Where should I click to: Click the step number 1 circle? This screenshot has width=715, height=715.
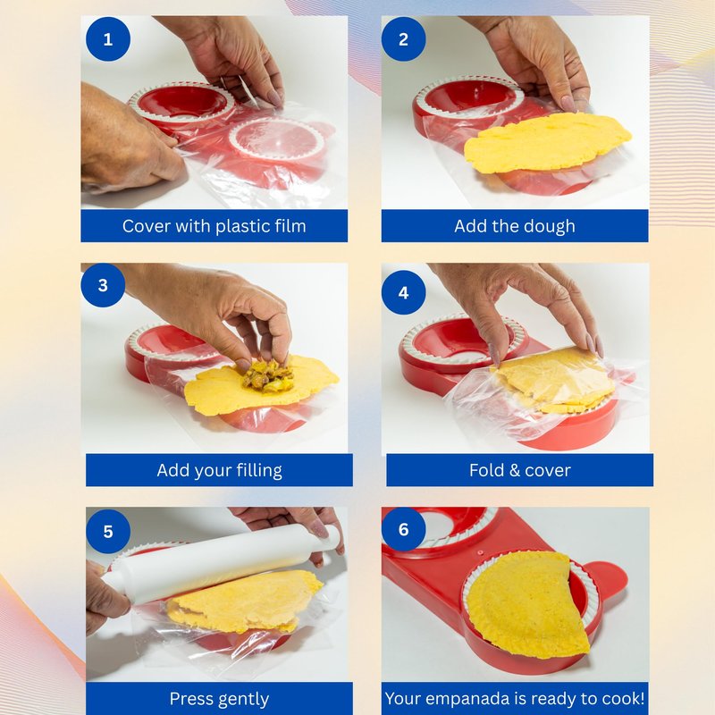coord(108,39)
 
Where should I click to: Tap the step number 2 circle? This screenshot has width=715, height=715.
coord(404,39)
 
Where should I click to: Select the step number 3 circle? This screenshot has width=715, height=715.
coord(103,285)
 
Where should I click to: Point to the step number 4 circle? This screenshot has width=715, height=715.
coord(404,292)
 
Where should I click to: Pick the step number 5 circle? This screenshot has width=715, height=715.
coord(108,531)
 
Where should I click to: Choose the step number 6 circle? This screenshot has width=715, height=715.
coord(404,529)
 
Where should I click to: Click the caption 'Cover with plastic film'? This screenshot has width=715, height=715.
coord(214,226)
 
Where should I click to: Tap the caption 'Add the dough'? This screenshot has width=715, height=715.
coord(515,227)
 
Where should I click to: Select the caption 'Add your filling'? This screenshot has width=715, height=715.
coord(219,471)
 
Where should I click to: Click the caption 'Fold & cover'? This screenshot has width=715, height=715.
coord(520,470)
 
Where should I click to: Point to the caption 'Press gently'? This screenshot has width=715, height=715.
coord(219,699)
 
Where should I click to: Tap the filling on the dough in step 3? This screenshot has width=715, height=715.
coord(267,376)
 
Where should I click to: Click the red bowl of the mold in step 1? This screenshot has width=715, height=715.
coord(181,104)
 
